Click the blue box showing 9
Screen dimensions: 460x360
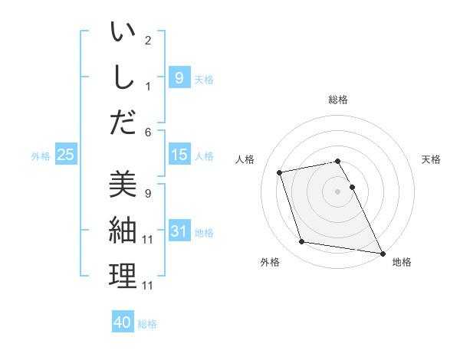click(179, 77)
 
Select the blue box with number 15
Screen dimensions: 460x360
click(179, 155)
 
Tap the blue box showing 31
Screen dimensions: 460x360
click(179, 231)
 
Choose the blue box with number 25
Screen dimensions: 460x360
click(66, 155)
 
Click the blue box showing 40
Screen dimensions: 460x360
click(123, 322)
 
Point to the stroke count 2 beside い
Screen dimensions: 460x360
click(148, 41)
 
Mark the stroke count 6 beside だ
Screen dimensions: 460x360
click(148, 132)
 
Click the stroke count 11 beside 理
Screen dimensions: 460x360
click(148, 286)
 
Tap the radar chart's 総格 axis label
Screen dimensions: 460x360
click(338, 100)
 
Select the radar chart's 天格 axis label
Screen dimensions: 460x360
click(431, 159)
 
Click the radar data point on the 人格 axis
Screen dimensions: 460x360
click(281, 172)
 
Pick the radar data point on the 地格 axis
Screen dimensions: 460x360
click(382, 253)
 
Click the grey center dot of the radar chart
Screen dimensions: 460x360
click(338, 191)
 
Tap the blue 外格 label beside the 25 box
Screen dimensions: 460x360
click(41, 155)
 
